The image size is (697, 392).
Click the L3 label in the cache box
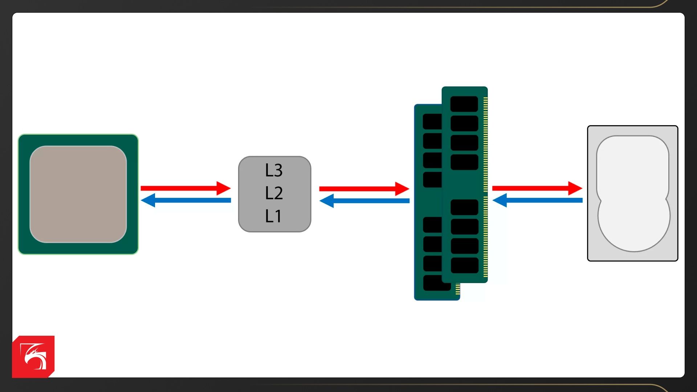tap(274, 170)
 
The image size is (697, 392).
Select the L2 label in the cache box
tap(274, 193)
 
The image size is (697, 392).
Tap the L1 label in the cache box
tap(273, 216)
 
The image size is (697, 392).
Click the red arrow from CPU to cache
tap(182, 188)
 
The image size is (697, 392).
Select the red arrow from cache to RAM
tap(359, 189)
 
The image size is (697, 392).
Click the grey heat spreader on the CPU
tap(78, 194)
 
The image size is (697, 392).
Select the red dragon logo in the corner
tap(33, 356)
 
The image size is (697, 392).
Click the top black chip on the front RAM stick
tap(464, 104)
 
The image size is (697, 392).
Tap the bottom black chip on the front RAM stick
tap(464, 265)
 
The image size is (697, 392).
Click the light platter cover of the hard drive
tap(633, 192)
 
